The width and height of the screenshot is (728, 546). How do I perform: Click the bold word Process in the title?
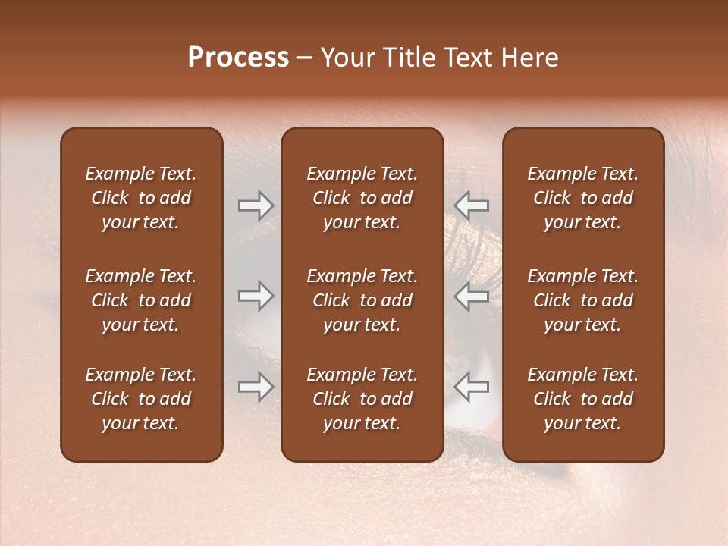tap(238, 58)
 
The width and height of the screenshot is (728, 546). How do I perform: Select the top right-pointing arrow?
tap(256, 206)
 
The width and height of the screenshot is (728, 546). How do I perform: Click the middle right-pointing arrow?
tap(256, 296)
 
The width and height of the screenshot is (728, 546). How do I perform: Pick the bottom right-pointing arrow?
tap(256, 387)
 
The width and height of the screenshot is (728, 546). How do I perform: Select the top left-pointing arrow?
tap(472, 206)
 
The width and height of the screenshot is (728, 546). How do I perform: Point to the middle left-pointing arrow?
tap(472, 296)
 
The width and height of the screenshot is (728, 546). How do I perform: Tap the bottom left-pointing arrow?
tap(472, 387)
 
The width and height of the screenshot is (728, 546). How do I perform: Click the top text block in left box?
tap(141, 198)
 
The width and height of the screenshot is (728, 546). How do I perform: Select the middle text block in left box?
tap(141, 300)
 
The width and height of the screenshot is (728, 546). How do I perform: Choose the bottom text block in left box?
tap(141, 399)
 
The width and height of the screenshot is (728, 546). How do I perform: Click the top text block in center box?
tap(362, 198)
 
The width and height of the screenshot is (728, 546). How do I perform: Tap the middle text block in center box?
tap(362, 300)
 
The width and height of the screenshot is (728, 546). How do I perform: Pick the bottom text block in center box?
tap(362, 399)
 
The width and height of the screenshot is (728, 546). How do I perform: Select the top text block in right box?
tap(582, 198)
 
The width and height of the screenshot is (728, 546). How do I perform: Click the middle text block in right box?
tap(582, 300)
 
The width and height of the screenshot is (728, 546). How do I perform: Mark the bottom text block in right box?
tap(582, 399)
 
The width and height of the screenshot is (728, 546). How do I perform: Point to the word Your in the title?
tap(345, 58)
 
